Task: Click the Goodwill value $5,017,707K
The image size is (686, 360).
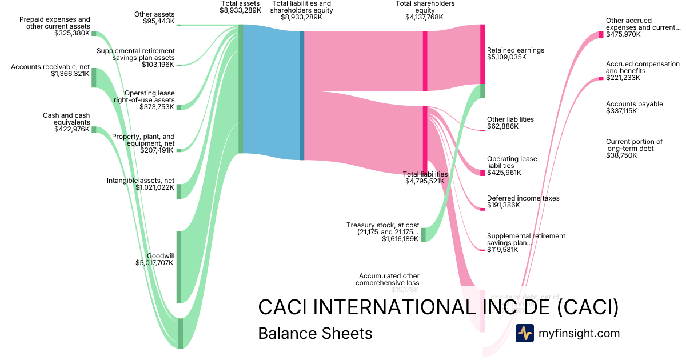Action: pyautogui.click(x=155, y=263)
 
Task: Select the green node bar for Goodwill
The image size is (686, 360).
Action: pyautogui.click(x=178, y=267)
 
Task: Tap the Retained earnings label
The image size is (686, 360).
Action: pyautogui.click(x=515, y=50)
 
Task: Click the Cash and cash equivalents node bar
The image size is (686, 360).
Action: pyautogui.click(x=94, y=130)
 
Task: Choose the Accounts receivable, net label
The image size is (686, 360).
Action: pyautogui.click(x=50, y=67)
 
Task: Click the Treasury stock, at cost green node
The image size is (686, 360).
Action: pyautogui.click(x=424, y=235)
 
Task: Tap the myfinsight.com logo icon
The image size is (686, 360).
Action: pyautogui.click(x=524, y=333)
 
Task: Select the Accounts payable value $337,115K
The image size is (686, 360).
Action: pyautogui.click(x=622, y=111)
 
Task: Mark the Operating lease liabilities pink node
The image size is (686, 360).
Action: pyautogui.click(x=482, y=173)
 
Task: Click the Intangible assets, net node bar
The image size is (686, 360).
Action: pyautogui.click(x=178, y=191)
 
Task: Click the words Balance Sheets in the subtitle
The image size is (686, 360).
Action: pyautogui.click(x=315, y=333)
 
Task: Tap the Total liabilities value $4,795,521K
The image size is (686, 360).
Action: pyautogui.click(x=425, y=181)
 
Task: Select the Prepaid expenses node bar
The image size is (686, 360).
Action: pyautogui.click(x=94, y=34)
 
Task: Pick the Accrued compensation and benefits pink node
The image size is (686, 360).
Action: pyautogui.click(x=601, y=78)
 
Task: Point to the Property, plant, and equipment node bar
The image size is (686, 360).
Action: pyautogui.click(x=178, y=150)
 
